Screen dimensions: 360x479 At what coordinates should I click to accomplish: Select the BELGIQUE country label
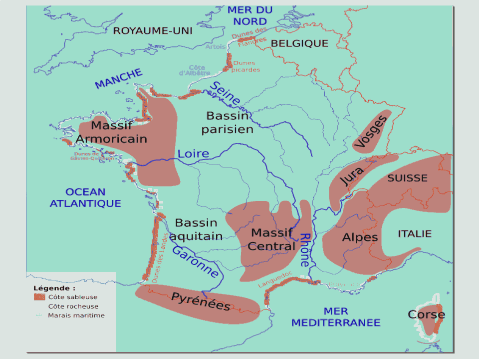[x=299, y=43]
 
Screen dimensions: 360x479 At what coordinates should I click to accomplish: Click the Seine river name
[x=225, y=93]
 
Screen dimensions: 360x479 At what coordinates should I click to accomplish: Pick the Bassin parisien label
[x=228, y=122]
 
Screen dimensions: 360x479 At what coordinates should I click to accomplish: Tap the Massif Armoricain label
[x=112, y=132]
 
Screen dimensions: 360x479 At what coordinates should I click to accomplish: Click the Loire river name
[x=194, y=153]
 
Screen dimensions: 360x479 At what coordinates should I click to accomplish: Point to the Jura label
[x=352, y=173]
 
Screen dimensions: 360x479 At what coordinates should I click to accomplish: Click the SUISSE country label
[x=408, y=178]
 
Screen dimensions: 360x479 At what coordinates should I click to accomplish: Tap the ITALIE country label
[x=415, y=233]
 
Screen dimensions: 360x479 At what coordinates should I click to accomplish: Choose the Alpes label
[x=360, y=237]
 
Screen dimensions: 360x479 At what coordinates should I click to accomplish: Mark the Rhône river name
[x=305, y=249]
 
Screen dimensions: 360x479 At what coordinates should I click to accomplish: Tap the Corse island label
[x=426, y=314]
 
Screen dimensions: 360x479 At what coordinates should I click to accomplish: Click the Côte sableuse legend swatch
[x=39, y=297]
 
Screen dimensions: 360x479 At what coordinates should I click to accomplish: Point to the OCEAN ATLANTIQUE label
[x=85, y=197]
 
